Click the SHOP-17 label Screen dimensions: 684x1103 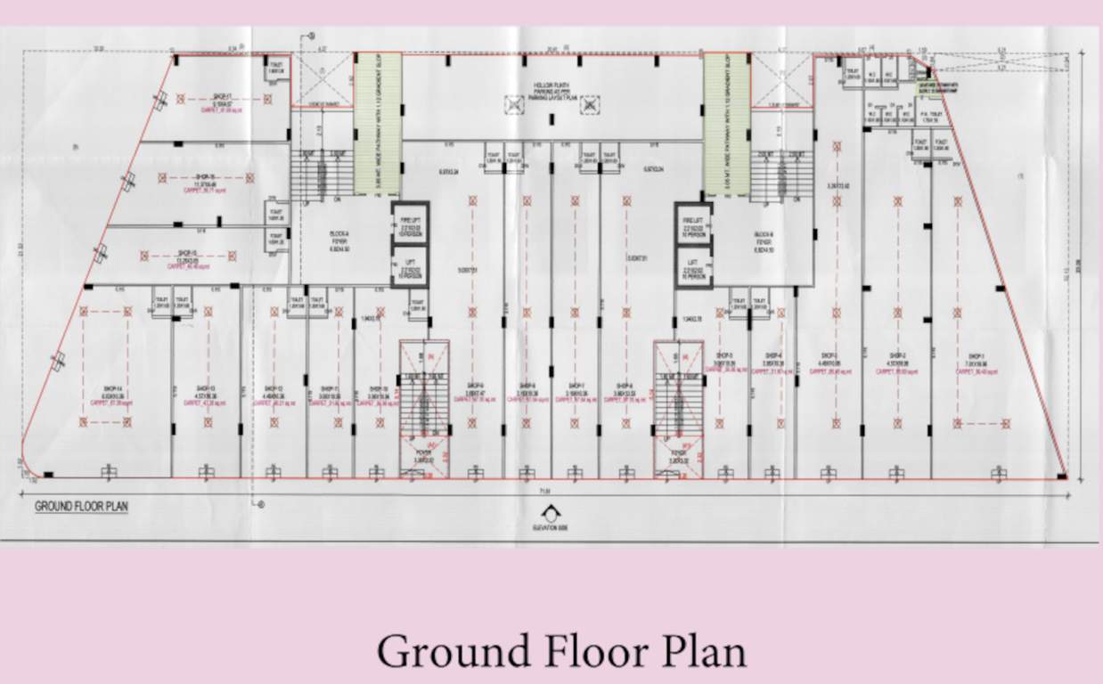222,96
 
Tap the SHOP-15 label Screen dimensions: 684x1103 186,252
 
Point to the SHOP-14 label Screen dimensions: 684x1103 111,389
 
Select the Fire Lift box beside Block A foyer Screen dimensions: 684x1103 412,223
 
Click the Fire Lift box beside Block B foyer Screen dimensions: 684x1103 692,223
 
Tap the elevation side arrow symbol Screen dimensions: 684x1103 552,514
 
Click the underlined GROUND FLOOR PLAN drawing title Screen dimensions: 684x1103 82,507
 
